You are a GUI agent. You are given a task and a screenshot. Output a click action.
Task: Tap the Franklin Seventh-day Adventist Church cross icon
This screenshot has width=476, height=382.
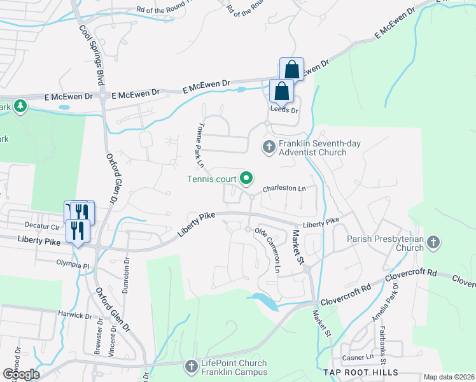pyautogui.click(x=269, y=147)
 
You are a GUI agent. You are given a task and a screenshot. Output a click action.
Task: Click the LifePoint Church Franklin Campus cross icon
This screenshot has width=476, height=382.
pyautogui.click(x=190, y=367)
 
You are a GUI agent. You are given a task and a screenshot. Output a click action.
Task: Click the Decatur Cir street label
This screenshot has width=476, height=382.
pyautogui.click(x=41, y=225)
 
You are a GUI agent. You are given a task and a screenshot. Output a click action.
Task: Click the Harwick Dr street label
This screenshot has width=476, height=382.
pyautogui.click(x=76, y=315)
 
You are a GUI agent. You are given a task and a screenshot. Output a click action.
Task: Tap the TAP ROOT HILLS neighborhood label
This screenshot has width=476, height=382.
pyautogui.click(x=361, y=372)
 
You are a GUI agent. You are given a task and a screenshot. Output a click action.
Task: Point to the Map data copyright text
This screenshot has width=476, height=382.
pyautogui.click(x=448, y=377)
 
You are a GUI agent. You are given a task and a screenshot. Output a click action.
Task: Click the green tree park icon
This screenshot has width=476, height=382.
pyautogui.click(x=20, y=105)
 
